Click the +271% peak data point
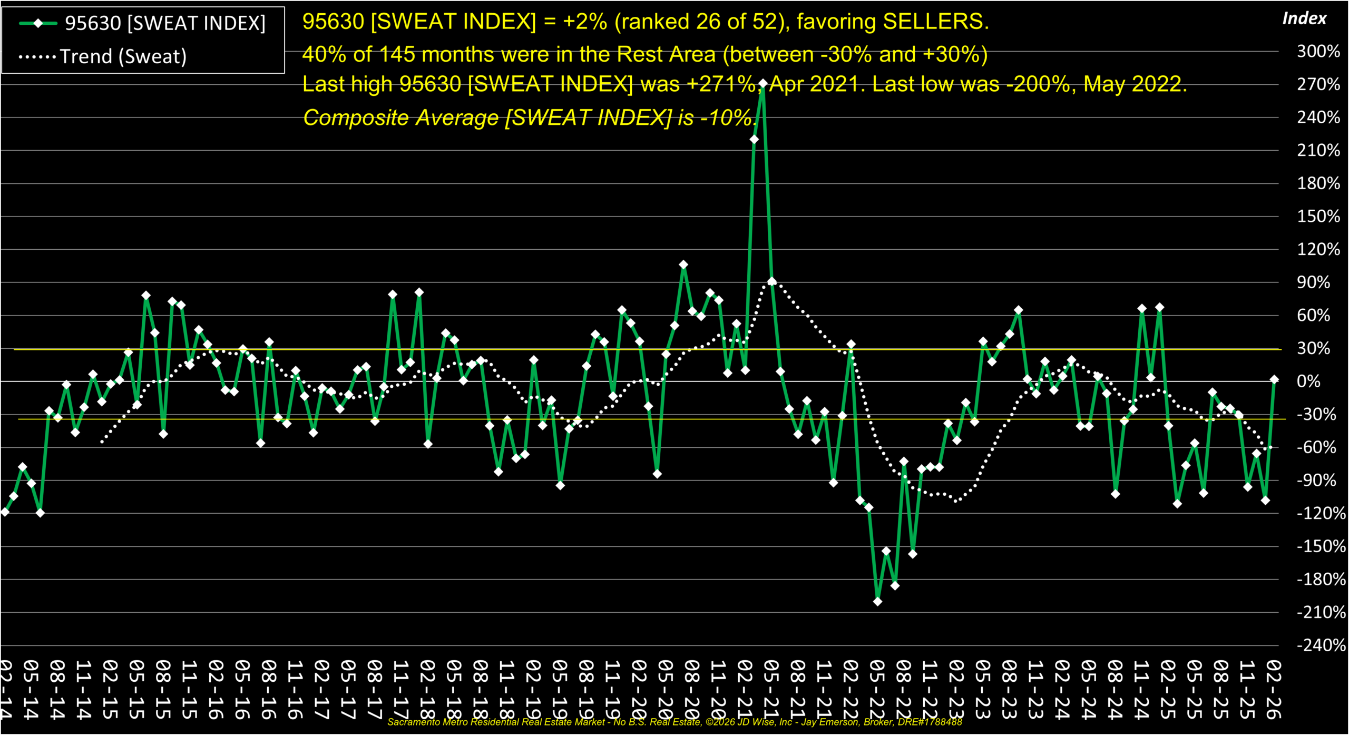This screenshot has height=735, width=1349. (763, 83)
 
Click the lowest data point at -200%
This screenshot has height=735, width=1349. (877, 601)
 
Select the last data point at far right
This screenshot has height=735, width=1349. (1274, 379)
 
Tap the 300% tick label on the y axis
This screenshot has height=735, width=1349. (1318, 52)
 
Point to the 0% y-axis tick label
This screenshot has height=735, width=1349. (1308, 381)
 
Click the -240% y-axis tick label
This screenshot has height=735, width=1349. (1321, 645)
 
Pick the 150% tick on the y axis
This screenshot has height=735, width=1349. (1318, 217)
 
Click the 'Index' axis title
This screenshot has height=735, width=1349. (1304, 19)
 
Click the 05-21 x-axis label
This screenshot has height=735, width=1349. (770, 689)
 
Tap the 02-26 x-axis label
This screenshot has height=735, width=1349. (1273, 689)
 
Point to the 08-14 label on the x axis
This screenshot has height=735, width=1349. (57, 689)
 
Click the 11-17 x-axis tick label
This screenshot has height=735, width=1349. (400, 689)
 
